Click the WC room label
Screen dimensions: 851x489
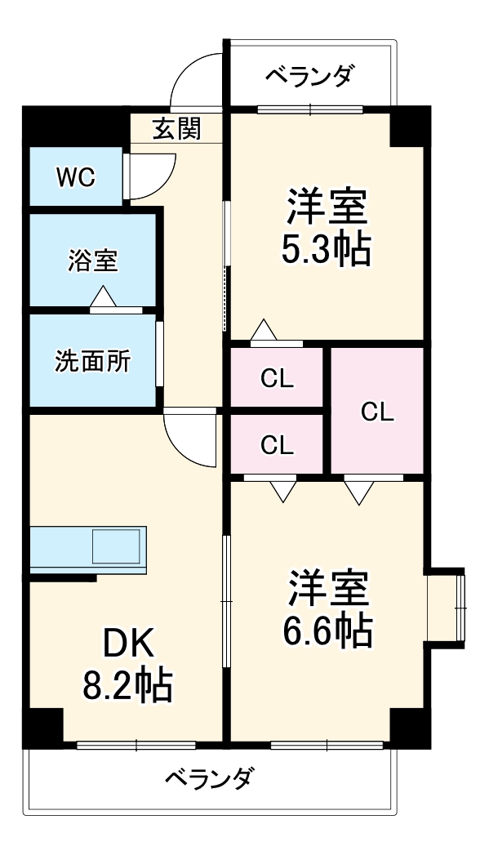(x=75, y=176)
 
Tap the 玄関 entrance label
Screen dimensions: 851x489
(x=176, y=128)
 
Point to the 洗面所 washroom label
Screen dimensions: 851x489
(x=91, y=361)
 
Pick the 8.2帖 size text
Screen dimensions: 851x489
(x=127, y=687)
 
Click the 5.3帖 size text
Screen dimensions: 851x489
(x=325, y=249)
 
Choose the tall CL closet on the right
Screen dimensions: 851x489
(x=376, y=412)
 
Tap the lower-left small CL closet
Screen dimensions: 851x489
(x=278, y=444)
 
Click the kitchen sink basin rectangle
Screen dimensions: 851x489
(x=116, y=546)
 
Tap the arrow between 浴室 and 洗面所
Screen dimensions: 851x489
(x=104, y=298)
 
